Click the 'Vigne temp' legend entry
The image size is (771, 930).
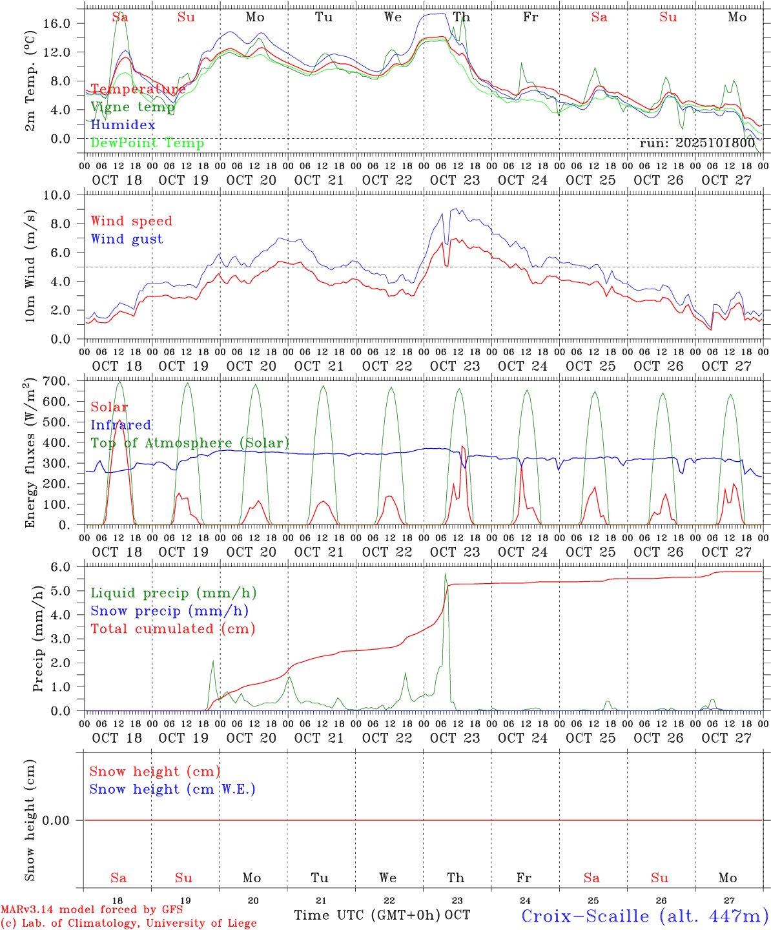(132, 107)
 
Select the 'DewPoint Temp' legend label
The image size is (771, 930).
(147, 143)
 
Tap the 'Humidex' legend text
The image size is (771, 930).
(123, 125)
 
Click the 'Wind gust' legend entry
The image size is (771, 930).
(127, 239)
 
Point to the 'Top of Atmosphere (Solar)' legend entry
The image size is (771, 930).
(190, 443)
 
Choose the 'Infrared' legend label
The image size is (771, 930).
(121, 425)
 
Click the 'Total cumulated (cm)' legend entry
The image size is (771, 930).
(172, 629)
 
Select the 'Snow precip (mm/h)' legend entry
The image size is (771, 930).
(169, 611)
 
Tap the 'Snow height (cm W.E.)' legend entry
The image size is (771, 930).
(172, 789)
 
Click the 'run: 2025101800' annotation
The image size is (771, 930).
(697, 143)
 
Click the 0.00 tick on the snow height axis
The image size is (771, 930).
(65, 820)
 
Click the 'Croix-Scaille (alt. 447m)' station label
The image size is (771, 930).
(644, 916)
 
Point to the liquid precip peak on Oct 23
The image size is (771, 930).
(445, 574)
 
